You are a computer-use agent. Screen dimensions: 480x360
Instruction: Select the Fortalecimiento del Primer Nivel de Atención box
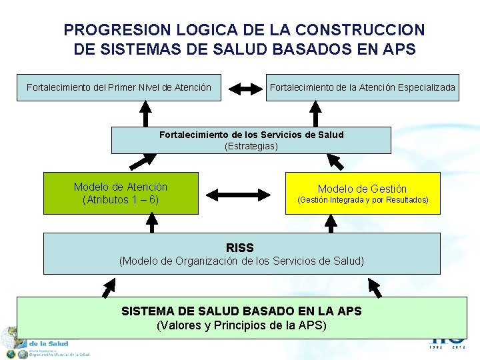click(119, 87)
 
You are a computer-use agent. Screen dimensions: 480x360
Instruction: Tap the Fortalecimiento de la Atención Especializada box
click(363, 87)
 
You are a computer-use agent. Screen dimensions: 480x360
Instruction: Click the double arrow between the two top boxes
click(243, 87)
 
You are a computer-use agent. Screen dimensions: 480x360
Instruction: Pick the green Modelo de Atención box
click(121, 193)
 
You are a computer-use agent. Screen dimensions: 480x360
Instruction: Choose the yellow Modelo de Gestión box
click(363, 193)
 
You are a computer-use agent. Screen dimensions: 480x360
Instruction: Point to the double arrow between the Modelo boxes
click(239, 195)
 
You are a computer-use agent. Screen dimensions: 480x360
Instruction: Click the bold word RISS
click(240, 248)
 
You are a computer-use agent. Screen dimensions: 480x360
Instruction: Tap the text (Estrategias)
click(251, 146)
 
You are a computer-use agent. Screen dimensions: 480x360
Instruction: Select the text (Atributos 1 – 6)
click(121, 199)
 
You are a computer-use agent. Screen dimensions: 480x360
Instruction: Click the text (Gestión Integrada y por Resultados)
click(363, 200)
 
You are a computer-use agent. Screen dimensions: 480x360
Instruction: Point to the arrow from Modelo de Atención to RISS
click(151, 223)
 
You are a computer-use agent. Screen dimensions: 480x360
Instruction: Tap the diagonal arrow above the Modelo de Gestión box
click(335, 162)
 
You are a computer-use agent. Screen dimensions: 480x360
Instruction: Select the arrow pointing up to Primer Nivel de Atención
click(145, 113)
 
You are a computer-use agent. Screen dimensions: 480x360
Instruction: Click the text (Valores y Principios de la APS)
click(241, 325)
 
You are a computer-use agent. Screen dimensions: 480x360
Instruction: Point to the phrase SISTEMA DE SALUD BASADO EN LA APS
click(241, 311)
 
